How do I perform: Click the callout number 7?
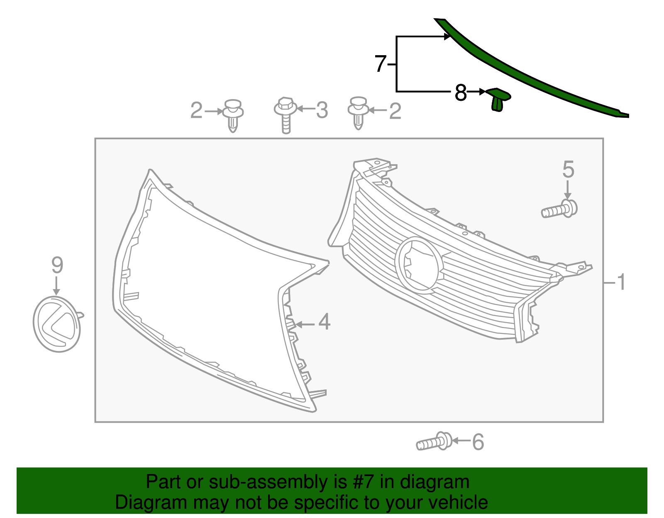click(x=381, y=64)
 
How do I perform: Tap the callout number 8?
click(x=460, y=93)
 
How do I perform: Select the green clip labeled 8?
click(x=498, y=100)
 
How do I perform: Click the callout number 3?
click(x=322, y=110)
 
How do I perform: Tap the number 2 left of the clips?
click(x=196, y=111)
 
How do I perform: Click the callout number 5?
click(x=568, y=170)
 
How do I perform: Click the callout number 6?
click(x=478, y=442)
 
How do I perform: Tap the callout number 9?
click(x=57, y=265)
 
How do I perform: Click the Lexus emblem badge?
click(x=57, y=324)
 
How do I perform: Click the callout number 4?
click(x=324, y=322)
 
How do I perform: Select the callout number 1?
click(x=621, y=282)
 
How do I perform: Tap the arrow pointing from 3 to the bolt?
click(x=305, y=109)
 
